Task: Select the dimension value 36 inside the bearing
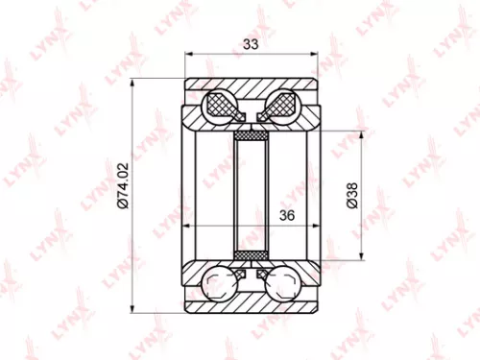[x=285, y=216]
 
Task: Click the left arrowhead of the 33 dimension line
[x=186, y=53]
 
